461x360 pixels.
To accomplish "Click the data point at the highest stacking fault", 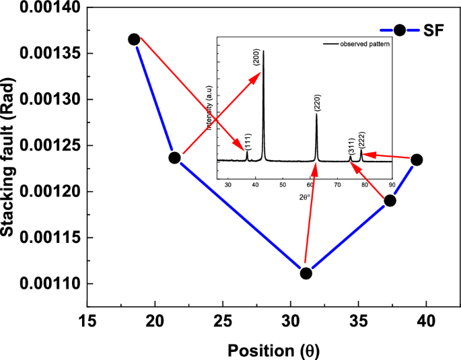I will coord(134,39).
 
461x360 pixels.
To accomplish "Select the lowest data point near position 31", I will coord(306,273).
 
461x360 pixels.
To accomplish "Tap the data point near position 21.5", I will coord(174,157).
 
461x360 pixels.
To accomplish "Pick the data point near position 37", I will coord(390,201).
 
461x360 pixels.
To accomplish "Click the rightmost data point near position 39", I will coord(417,159).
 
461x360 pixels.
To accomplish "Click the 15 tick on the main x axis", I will coord(88,320).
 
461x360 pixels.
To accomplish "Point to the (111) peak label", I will coord(248,141).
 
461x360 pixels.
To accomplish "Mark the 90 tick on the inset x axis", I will coord(392,184).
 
